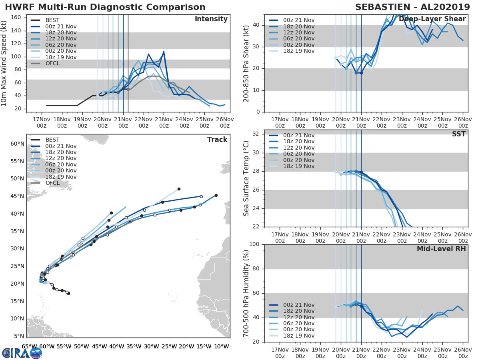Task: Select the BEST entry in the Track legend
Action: click(52, 140)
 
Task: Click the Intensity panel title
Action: click(211, 19)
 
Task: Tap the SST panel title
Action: click(459, 134)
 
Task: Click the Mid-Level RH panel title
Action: click(441, 249)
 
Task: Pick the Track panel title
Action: click(217, 140)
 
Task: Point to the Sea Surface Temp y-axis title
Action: click(246, 178)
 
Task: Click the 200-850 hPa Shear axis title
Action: click(246, 63)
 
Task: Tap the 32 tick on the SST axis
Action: click(256, 134)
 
